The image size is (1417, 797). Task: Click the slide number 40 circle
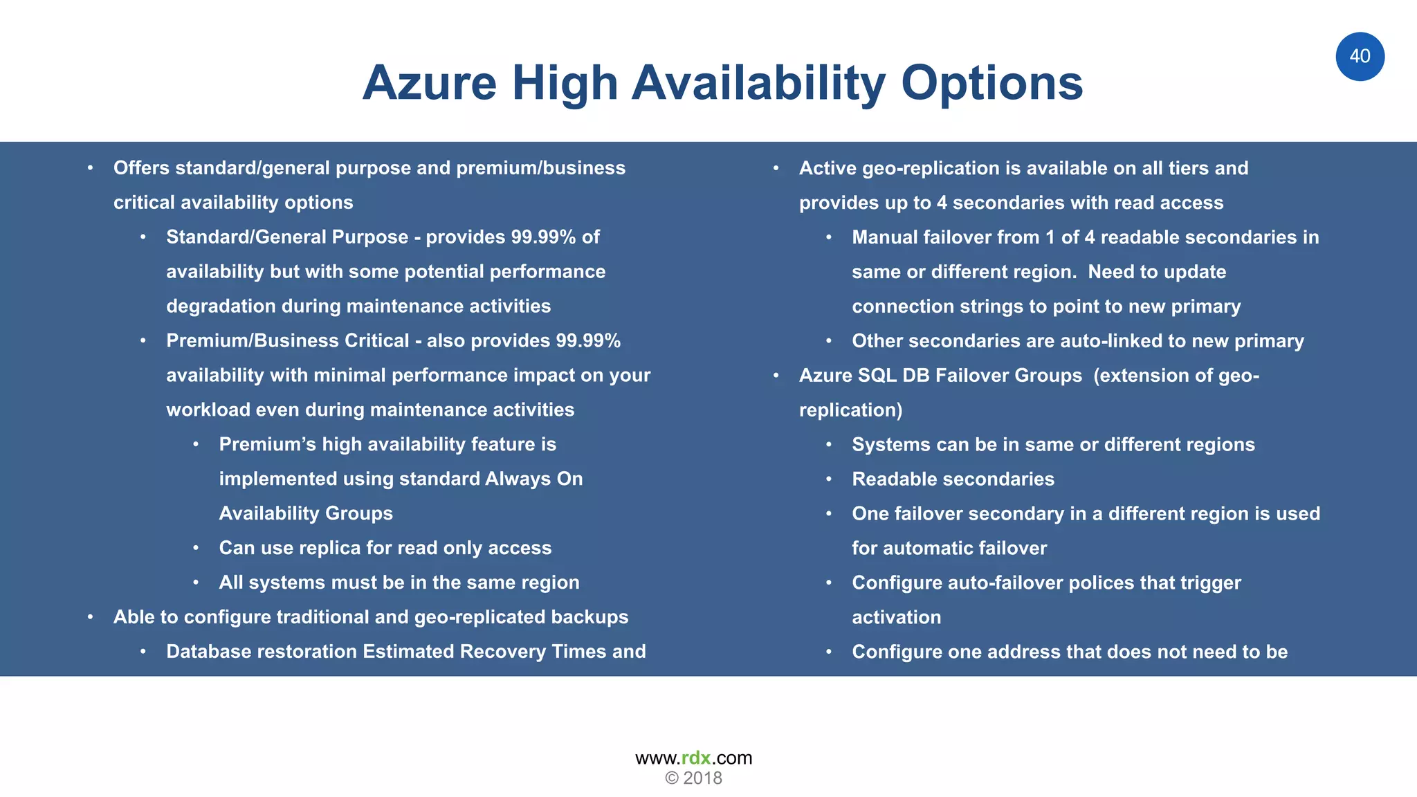[1360, 57]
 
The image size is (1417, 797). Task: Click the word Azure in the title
[430, 83]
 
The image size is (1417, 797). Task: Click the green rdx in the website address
[696, 758]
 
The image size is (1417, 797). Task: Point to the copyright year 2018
[702, 778]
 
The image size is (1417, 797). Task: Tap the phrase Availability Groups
[306, 513]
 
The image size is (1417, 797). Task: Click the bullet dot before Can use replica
[196, 548]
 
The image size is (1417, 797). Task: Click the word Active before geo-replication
[828, 168]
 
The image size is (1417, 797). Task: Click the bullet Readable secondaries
[953, 479]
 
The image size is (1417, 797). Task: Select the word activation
[896, 617]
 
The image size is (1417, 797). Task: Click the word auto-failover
[1005, 583]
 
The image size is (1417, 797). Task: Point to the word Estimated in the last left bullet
[408, 652]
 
